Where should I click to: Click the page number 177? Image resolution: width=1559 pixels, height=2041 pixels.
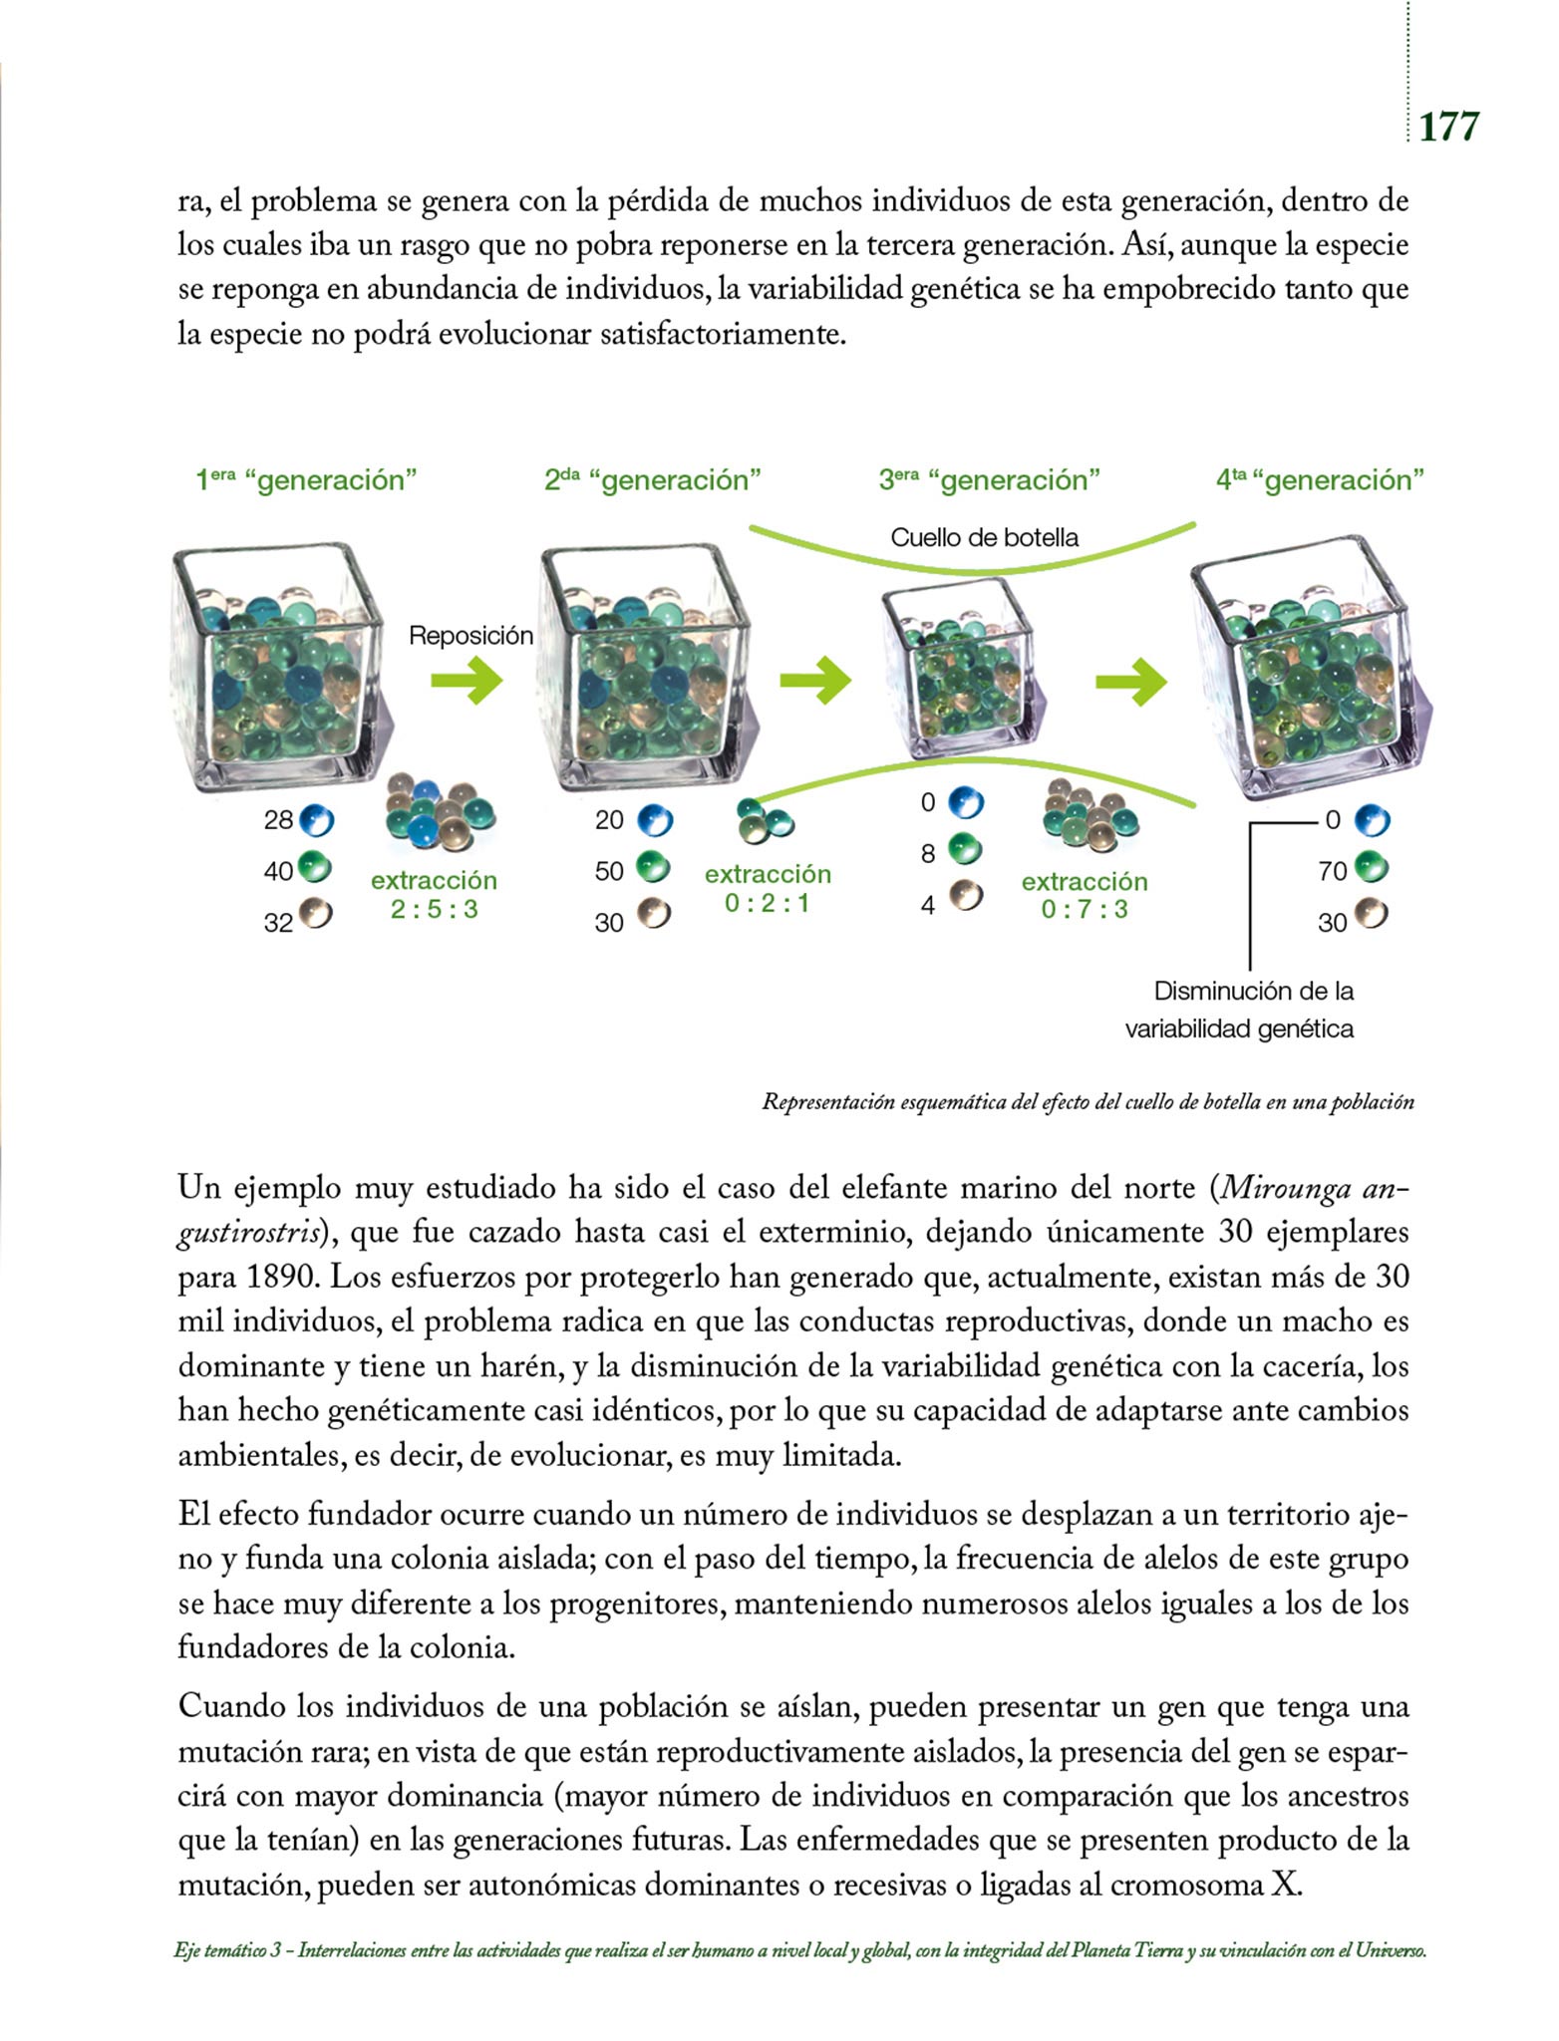pyautogui.click(x=1448, y=128)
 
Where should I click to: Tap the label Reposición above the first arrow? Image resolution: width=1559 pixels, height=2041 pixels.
pyautogui.click(x=470, y=636)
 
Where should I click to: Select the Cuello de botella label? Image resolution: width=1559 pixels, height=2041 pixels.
pyautogui.click(x=984, y=538)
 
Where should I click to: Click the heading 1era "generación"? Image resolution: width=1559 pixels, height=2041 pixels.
pyautogui.click(x=305, y=480)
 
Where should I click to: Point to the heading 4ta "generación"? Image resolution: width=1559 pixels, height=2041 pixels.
pyautogui.click(x=1319, y=480)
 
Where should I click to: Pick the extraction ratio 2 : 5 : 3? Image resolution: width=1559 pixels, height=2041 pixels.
pyautogui.click(x=434, y=909)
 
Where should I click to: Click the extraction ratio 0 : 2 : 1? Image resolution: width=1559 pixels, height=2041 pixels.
pyautogui.click(x=767, y=904)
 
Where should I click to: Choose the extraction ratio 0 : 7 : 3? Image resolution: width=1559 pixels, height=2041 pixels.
pyautogui.click(x=1084, y=909)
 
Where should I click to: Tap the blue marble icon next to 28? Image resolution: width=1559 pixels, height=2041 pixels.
pyautogui.click(x=316, y=820)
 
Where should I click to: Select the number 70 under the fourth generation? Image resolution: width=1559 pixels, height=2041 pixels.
pyautogui.click(x=1332, y=872)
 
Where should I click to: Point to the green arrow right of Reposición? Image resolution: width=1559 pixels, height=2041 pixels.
pyautogui.click(x=467, y=682)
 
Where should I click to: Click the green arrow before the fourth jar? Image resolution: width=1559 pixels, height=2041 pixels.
pyautogui.click(x=1130, y=683)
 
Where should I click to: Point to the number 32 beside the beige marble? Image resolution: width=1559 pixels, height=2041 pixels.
pyautogui.click(x=278, y=923)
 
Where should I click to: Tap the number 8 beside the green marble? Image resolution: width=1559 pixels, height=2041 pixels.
pyautogui.click(x=928, y=854)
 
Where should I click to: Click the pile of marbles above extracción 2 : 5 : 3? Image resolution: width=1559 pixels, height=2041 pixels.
pyautogui.click(x=439, y=809)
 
